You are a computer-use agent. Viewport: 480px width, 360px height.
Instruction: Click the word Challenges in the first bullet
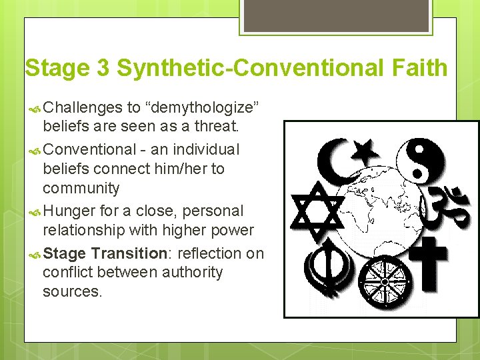pos(85,108)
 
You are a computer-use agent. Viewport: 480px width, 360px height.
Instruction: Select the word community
pos(81,188)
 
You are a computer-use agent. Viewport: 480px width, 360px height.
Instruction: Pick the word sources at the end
pos(72,291)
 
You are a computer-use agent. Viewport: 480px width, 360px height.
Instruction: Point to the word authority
pos(190,272)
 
